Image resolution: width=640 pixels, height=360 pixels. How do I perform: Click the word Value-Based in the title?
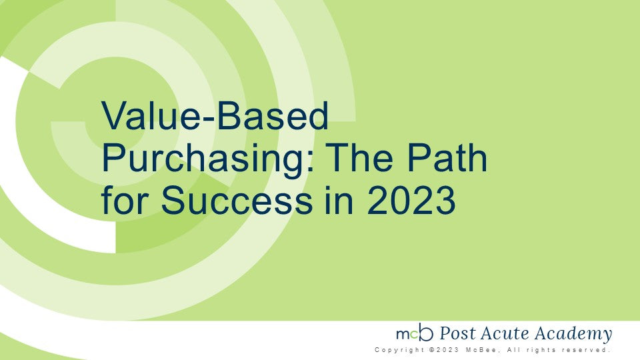point(215,115)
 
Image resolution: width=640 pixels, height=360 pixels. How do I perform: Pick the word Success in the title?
point(237,200)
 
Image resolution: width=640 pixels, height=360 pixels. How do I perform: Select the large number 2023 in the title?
point(411,200)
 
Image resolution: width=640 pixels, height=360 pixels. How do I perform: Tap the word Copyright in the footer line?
point(399,350)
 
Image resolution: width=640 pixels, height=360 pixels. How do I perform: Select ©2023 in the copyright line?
point(444,350)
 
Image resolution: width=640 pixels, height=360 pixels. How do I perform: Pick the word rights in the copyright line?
point(541,350)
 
